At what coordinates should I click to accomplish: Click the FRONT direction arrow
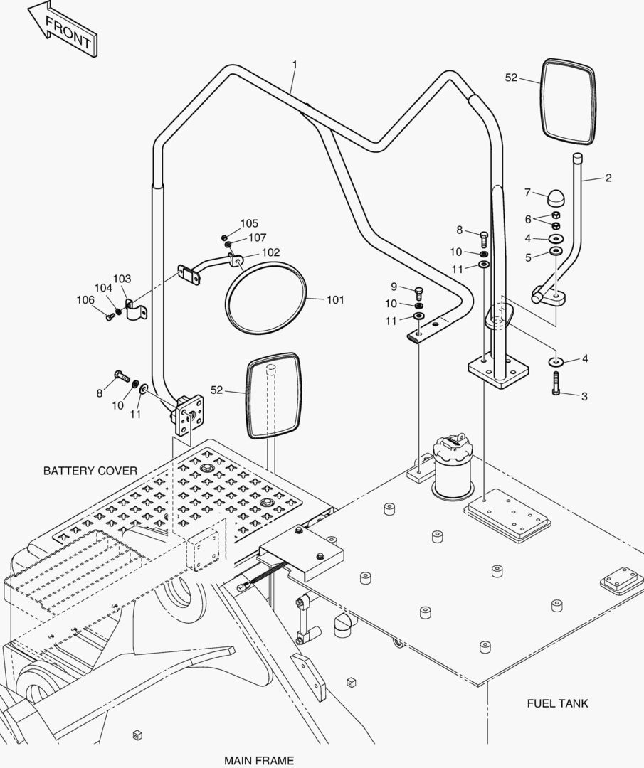pos(62,29)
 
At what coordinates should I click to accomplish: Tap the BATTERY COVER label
pos(90,471)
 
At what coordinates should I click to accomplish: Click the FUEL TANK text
pos(557,703)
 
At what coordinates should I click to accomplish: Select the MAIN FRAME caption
pos(259,761)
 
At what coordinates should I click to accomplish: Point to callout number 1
pos(295,65)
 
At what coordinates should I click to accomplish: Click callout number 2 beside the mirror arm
pos(608,178)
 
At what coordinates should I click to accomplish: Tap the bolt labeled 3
pos(556,383)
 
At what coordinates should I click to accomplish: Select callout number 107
pos(258,238)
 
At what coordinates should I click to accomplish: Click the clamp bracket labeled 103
pos(135,311)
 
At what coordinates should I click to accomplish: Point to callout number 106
pos(85,300)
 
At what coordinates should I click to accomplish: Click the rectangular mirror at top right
pos(569,102)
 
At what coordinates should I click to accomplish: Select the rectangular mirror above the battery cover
pos(273,395)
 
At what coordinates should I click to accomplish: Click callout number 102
pos(270,252)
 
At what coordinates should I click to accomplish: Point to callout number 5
pos(528,257)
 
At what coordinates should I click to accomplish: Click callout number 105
pos(249,223)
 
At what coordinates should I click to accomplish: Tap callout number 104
pos(103,288)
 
